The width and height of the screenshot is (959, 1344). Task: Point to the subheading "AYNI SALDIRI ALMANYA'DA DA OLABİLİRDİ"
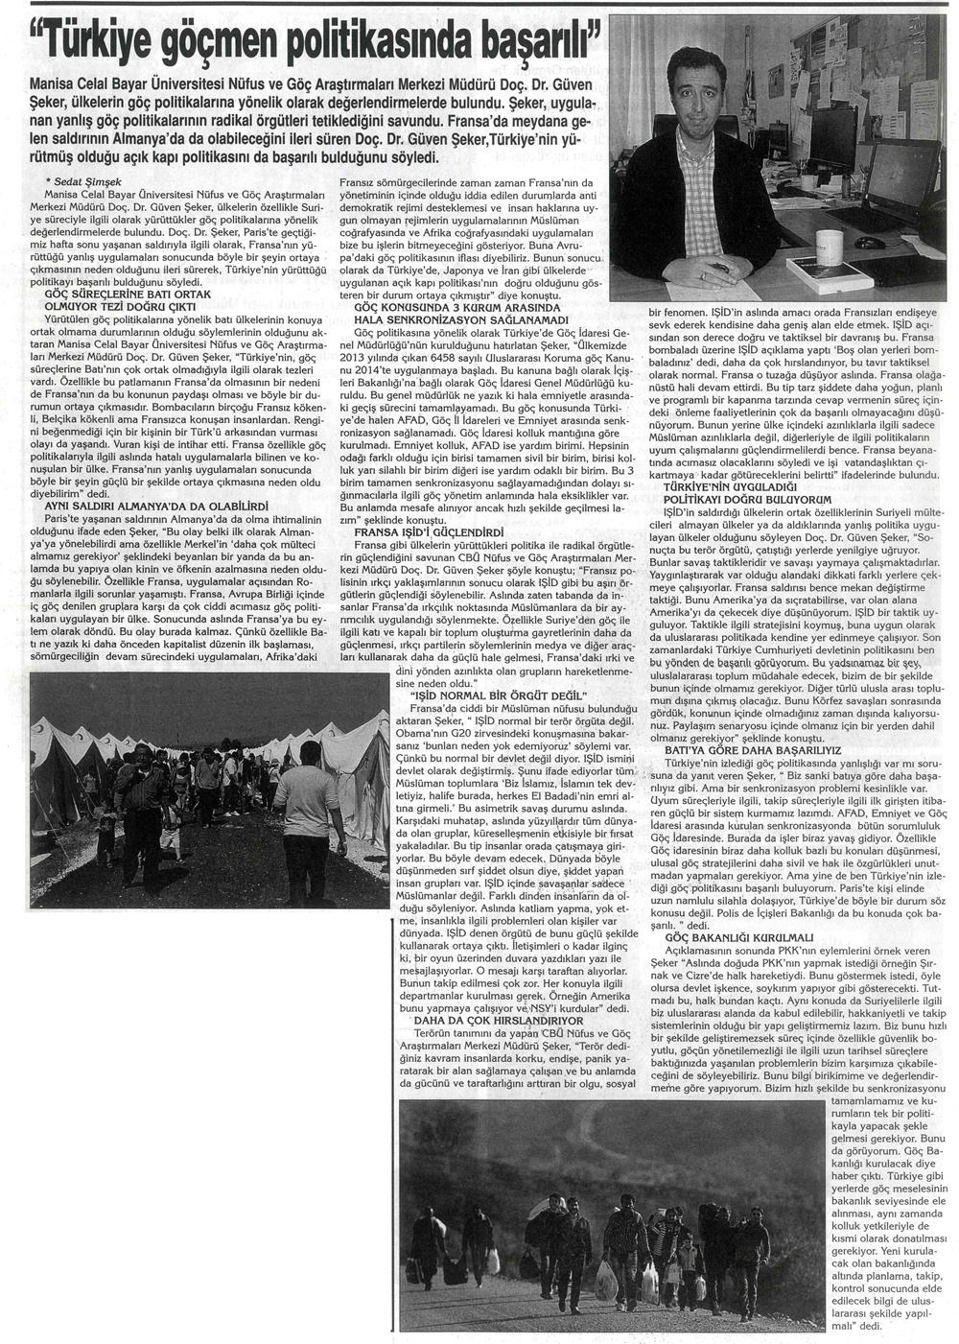(x=157, y=505)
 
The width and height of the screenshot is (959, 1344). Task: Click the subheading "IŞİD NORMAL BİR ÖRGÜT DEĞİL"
(x=479, y=692)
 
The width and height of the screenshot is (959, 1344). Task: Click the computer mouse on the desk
(x=869, y=241)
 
